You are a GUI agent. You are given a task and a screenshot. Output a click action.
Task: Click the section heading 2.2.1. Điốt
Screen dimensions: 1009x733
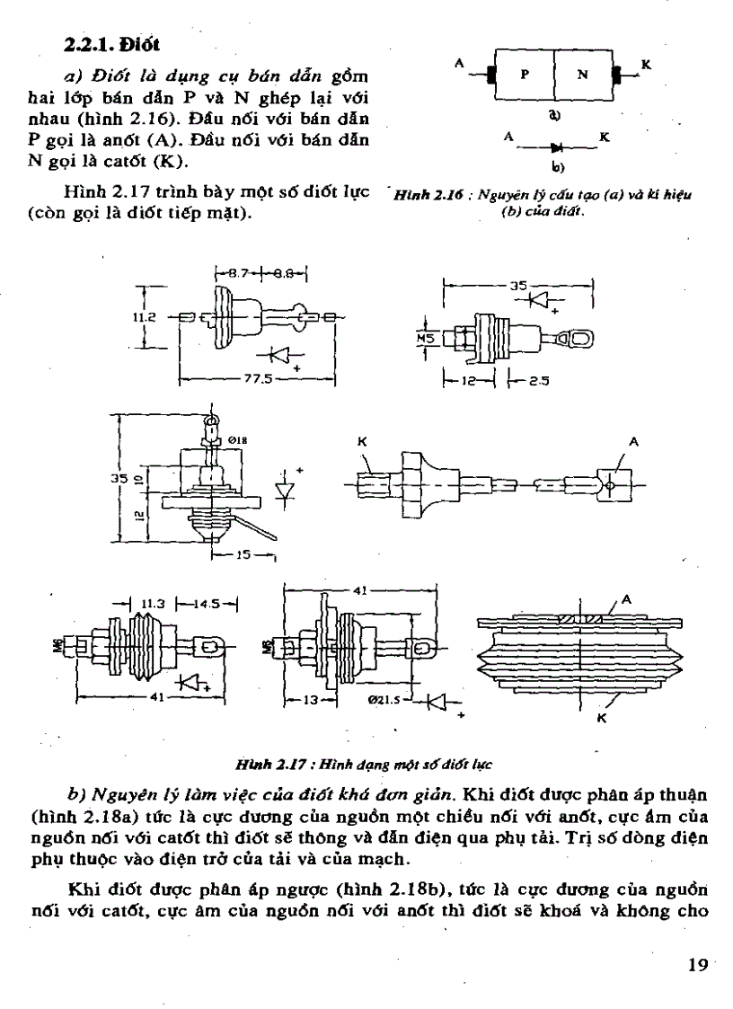[x=111, y=42]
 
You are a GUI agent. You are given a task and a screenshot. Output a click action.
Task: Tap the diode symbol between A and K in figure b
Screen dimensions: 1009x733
[x=557, y=145]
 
